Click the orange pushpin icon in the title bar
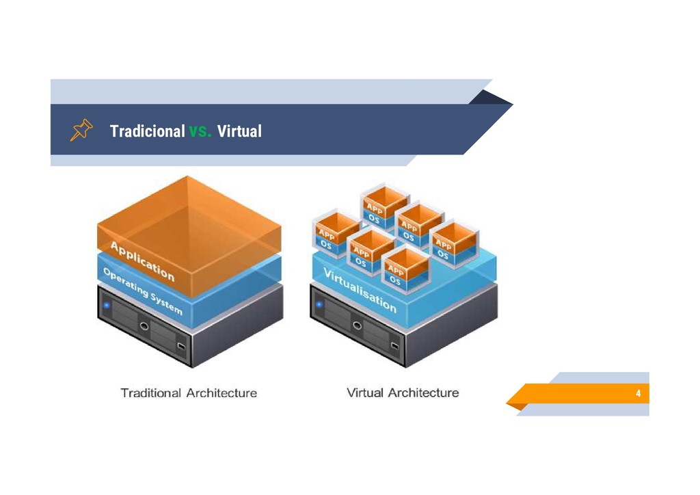(x=81, y=130)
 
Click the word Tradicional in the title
(x=147, y=131)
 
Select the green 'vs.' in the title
(x=201, y=131)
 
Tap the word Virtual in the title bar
(x=239, y=131)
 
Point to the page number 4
(x=638, y=394)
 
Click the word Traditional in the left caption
(x=151, y=393)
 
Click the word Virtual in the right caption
(x=364, y=393)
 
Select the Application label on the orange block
(x=143, y=263)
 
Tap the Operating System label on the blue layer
(x=142, y=291)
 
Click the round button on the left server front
(x=144, y=326)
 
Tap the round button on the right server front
(x=357, y=326)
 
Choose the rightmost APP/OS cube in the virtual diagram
(x=452, y=241)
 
